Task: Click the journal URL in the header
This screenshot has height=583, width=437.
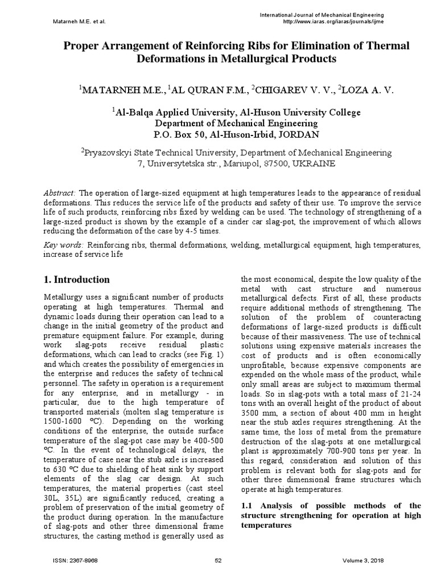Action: coord(333,22)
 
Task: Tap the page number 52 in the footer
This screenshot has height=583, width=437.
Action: coord(218,560)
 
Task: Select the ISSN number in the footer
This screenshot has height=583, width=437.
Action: coord(75,560)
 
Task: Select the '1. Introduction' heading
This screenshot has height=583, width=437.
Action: coord(77,280)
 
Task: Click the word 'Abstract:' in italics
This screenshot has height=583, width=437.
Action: coord(60,193)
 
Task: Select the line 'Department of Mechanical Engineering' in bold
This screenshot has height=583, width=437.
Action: coord(237,124)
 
